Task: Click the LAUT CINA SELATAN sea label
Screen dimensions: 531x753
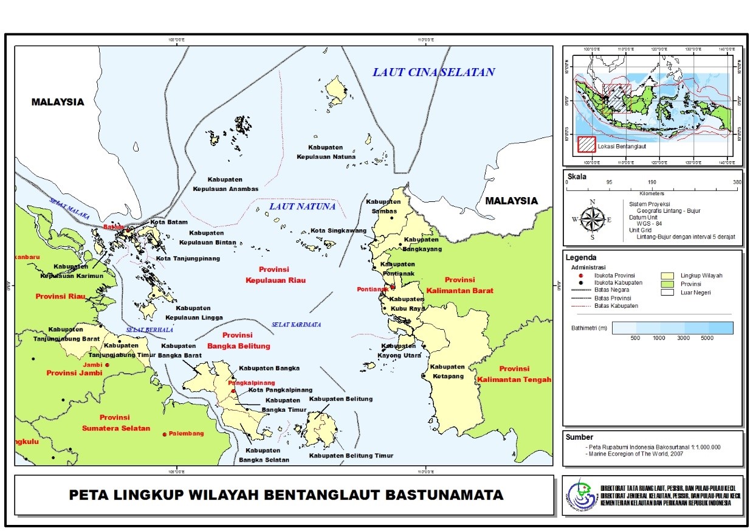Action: pyautogui.click(x=433, y=72)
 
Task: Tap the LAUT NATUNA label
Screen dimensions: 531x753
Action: pyautogui.click(x=302, y=207)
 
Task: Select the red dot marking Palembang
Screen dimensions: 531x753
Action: pyautogui.click(x=165, y=434)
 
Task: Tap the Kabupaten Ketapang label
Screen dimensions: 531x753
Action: pyautogui.click(x=447, y=371)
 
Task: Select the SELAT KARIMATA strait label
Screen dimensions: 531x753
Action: pyautogui.click(x=297, y=324)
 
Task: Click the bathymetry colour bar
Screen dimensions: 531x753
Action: pyautogui.click(x=672, y=328)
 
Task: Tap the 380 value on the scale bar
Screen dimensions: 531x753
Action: pyautogui.click(x=737, y=182)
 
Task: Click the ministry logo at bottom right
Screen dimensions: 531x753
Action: pyautogui.click(x=582, y=495)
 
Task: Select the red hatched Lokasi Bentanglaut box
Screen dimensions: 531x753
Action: pyautogui.click(x=586, y=145)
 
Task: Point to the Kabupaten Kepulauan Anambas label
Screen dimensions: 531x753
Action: pyautogui.click(x=225, y=184)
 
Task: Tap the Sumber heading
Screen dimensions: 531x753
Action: pyautogui.click(x=579, y=437)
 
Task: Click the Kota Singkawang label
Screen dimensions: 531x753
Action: pyautogui.click(x=339, y=231)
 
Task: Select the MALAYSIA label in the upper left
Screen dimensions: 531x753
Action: pyautogui.click(x=58, y=102)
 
